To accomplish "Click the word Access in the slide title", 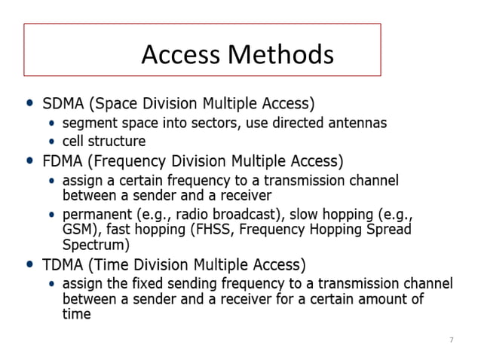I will (182, 54).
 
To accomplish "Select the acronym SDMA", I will (66, 102).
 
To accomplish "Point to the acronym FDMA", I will (66, 161).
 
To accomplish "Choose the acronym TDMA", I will (66, 265).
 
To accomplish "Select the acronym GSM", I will (77, 230).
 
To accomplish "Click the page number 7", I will (451, 340).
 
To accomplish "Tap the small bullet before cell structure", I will (51, 142).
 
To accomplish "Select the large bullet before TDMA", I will (29, 265).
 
